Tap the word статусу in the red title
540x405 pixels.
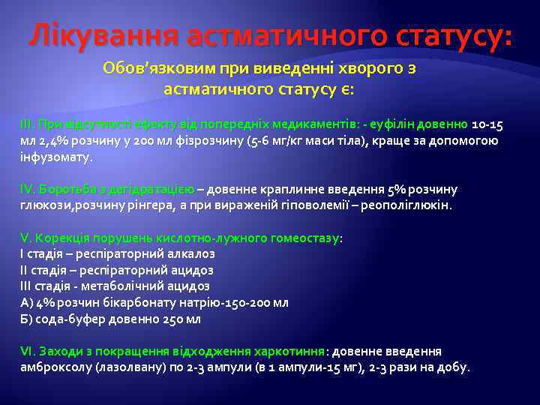click(440, 35)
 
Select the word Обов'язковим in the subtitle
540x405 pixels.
click(158, 68)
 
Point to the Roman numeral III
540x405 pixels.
click(26, 124)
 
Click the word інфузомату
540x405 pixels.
click(55, 157)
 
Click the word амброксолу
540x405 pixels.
click(53, 367)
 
